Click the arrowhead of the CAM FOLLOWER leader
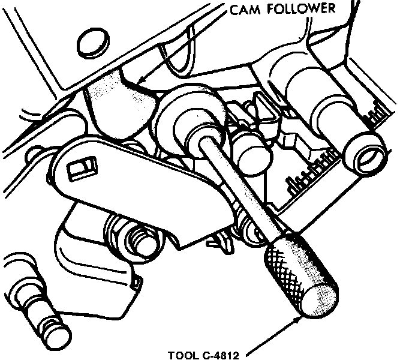point(137,81)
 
